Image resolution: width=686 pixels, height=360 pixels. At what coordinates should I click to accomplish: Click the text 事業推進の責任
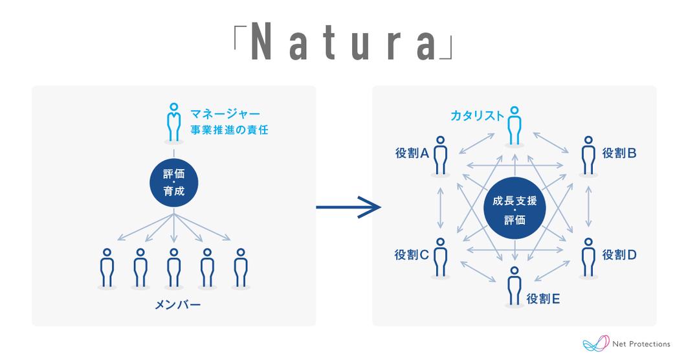[229, 130]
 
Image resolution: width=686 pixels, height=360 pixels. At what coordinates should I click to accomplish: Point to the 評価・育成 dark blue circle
[173, 184]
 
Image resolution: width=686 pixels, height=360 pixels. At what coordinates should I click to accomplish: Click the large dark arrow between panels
[346, 208]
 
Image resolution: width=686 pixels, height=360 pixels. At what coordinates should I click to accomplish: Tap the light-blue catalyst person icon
[514, 124]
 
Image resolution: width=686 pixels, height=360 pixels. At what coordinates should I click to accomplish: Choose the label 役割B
[619, 153]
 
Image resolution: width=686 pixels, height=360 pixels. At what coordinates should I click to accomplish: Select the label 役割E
[544, 298]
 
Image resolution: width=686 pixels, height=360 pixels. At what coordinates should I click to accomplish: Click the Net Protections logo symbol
[596, 343]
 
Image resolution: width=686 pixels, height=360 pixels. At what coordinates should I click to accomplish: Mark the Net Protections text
[641, 344]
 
